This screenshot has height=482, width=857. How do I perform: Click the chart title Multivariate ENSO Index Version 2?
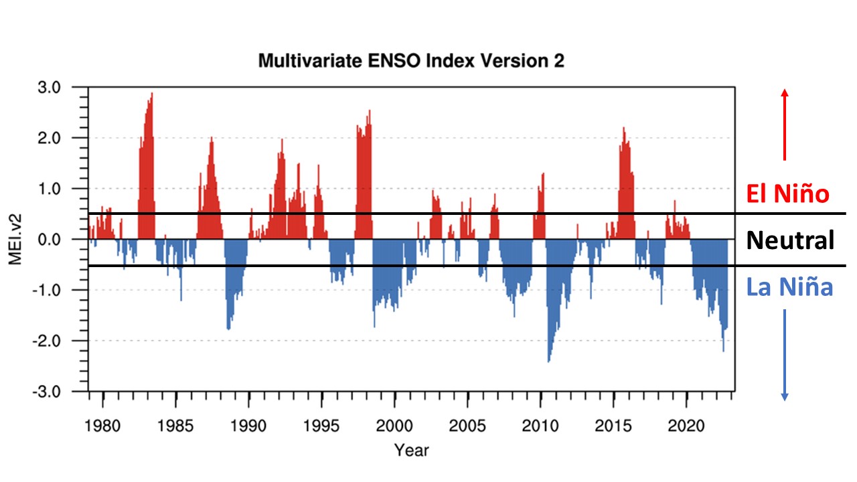(411, 61)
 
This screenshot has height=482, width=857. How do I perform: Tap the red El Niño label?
(787, 195)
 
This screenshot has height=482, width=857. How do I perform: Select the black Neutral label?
(790, 240)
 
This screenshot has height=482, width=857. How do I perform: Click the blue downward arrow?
(785, 355)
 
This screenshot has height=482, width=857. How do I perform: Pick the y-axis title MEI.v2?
(15, 239)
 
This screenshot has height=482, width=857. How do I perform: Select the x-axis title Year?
(411, 449)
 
